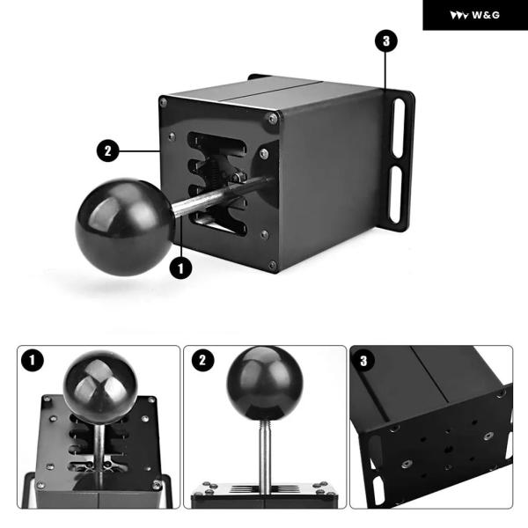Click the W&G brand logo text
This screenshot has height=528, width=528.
pyautogui.click(x=486, y=15)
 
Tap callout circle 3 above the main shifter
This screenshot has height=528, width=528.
pyautogui.click(x=386, y=41)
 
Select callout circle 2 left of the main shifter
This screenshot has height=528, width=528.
pyautogui.click(x=107, y=150)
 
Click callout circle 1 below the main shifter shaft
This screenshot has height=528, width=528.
pyautogui.click(x=180, y=268)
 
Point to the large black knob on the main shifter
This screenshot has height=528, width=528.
pyautogui.click(x=125, y=227)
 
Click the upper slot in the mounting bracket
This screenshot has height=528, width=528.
pyautogui.click(x=399, y=128)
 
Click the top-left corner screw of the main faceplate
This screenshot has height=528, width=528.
pyautogui.click(x=164, y=102)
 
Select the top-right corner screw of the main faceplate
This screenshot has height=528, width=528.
pyautogui.click(x=273, y=119)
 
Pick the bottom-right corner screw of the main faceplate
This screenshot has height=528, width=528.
pyautogui.click(x=273, y=265)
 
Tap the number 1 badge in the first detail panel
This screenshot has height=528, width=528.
pyautogui.click(x=33, y=360)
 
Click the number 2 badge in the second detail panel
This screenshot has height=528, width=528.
pyautogui.click(x=202, y=360)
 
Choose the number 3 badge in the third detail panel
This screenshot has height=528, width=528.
pyautogui.click(x=363, y=361)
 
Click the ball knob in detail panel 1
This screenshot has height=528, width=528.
pyautogui.click(x=100, y=386)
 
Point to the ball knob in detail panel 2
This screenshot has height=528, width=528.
pyautogui.click(x=265, y=384)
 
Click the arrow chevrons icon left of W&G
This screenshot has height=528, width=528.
pyautogui.click(x=459, y=16)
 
